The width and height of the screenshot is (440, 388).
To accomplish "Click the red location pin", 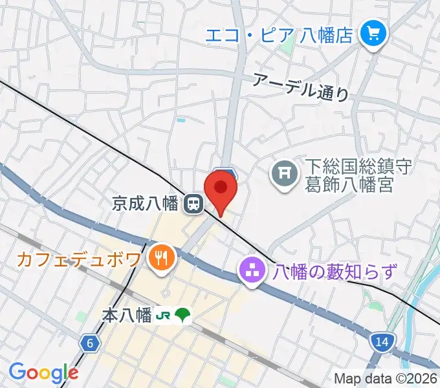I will click(221, 189).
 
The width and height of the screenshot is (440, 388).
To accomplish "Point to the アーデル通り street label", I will click(300, 86).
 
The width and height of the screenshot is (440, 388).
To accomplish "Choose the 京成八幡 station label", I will click(144, 204).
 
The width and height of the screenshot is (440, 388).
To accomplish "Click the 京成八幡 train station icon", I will click(192, 205).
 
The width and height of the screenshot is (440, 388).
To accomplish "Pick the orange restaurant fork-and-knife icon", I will click(159, 259).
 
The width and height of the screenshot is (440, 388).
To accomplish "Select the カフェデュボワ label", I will click(78, 260).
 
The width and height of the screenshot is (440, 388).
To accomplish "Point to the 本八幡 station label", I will click(127, 316).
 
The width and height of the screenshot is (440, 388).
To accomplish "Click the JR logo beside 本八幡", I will click(164, 316).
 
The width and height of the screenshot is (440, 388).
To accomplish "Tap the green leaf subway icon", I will click(183, 316).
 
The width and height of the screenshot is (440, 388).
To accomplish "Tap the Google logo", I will click(43, 372).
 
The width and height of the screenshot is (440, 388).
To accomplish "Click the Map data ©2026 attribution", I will click(385, 379).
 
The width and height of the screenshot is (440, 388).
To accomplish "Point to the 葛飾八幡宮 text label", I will click(349, 186).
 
